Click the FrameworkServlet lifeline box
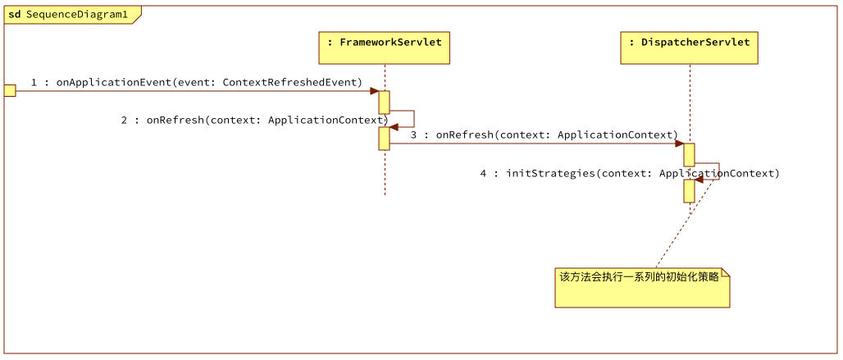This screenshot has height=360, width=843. pyautogui.click(x=385, y=48)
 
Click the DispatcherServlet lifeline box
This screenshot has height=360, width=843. pyautogui.click(x=689, y=48)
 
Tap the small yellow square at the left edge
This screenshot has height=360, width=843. pyautogui.click(x=10, y=90)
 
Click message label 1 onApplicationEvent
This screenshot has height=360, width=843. pyautogui.click(x=196, y=82)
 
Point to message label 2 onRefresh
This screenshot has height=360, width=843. pyautogui.click(x=254, y=120)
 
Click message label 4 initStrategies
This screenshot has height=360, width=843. pyautogui.click(x=629, y=173)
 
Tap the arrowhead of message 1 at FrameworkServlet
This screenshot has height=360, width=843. pyautogui.click(x=374, y=91)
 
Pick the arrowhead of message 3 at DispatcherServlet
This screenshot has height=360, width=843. pyautogui.click(x=679, y=144)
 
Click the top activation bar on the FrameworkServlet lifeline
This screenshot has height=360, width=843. pyautogui.click(x=384, y=102)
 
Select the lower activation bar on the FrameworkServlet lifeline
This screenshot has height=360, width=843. pyautogui.click(x=384, y=139)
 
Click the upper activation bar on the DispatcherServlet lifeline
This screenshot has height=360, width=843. pyautogui.click(x=689, y=154)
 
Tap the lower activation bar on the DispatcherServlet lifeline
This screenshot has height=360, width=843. pyautogui.click(x=689, y=191)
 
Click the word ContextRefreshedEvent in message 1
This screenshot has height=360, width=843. pyautogui.click(x=292, y=82)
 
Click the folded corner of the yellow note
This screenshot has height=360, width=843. pyautogui.click(x=725, y=273)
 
